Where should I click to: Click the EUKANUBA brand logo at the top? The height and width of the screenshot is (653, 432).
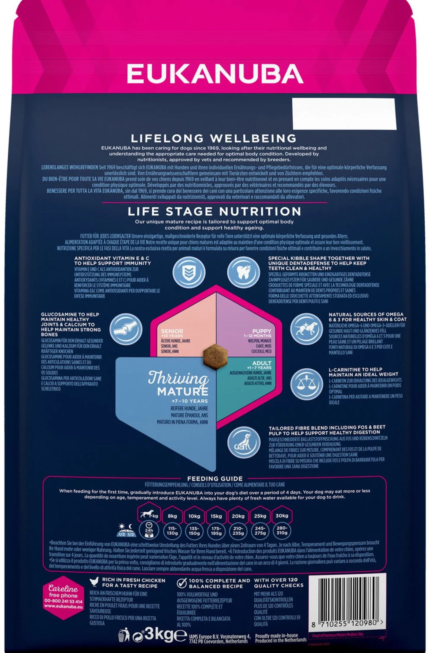tap(215, 73)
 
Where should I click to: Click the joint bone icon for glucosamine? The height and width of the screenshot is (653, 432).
tap(126, 329)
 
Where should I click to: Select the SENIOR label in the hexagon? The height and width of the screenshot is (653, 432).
tap(172, 331)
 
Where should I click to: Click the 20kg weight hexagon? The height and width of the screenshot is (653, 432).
tap(238, 516)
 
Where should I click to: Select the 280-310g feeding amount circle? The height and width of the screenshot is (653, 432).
tap(282, 531)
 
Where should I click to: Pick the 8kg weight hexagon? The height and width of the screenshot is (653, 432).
tap(172, 516)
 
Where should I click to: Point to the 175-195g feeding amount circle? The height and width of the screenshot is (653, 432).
tap(216, 531)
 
